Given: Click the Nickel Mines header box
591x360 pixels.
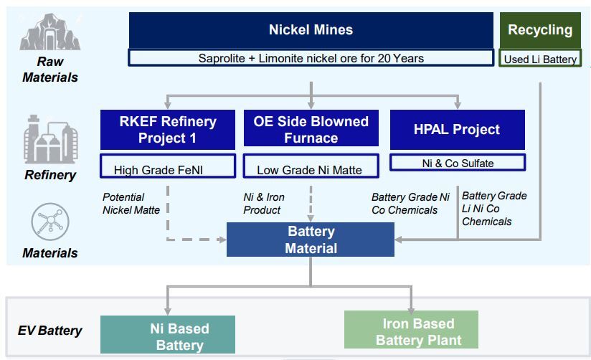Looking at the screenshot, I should (311, 30).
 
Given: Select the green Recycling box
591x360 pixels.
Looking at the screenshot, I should (540, 30).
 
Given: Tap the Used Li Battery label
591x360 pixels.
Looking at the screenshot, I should (540, 60).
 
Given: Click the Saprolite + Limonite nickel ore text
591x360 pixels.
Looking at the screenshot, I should (311, 58).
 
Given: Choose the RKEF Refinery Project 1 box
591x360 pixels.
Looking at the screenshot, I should (167, 129).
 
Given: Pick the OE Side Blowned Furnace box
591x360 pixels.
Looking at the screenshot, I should (311, 129).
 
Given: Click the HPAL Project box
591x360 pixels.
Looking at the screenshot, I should (457, 130).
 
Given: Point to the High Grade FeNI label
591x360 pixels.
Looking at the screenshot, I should (167, 169).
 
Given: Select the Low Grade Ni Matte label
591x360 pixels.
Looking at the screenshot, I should (311, 169).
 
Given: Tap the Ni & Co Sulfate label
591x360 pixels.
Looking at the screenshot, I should (457, 164).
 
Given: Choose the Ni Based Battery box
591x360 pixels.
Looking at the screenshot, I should (168, 336).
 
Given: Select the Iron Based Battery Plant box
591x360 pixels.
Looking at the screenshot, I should (412, 331).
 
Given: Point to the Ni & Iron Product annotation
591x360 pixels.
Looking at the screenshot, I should (264, 204).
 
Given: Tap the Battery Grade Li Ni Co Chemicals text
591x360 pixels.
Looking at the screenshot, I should (493, 209).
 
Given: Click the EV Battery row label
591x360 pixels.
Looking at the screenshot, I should (49, 331).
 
